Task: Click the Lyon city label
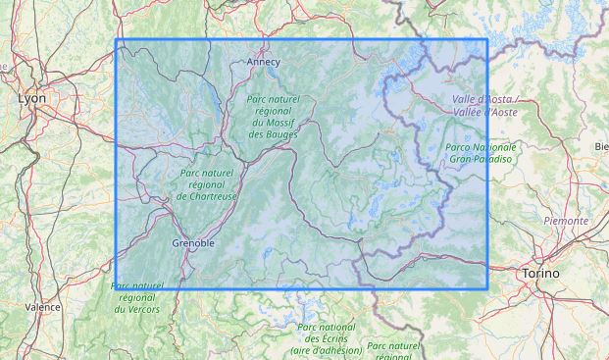click(32, 99)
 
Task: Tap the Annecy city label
click(263, 62)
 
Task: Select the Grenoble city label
click(192, 242)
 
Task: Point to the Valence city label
click(42, 307)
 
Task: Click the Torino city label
click(540, 272)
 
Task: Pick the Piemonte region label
click(566, 221)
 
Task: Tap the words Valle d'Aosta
click(484, 101)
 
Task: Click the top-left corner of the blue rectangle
click(117, 40)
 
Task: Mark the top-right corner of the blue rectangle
click(487, 40)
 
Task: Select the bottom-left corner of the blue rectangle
click(117, 288)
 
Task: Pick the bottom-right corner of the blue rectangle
click(487, 288)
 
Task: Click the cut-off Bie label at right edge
click(600, 146)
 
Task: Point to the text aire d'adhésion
click(325, 350)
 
